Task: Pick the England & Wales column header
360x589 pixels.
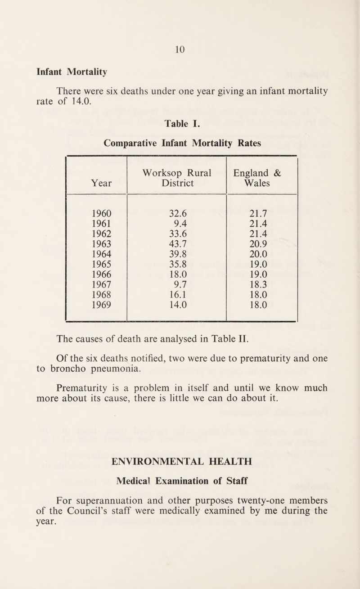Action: (262, 177)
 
